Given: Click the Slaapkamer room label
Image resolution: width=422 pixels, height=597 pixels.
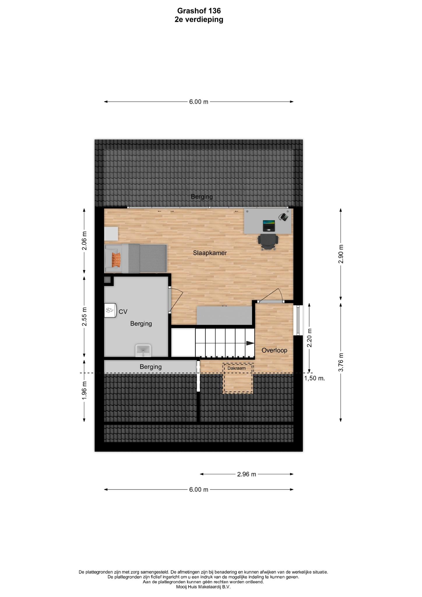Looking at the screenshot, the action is tap(210, 253).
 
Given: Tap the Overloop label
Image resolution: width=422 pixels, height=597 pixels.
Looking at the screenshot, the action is tap(274, 350).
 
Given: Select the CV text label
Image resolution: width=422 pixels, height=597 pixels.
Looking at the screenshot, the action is tap(123, 312).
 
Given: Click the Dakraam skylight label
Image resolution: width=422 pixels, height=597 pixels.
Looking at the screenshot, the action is tap(236, 368).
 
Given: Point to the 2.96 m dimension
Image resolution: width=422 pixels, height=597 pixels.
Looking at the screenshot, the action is tap(247, 474).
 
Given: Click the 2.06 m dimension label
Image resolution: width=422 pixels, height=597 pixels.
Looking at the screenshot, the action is tap(85, 240).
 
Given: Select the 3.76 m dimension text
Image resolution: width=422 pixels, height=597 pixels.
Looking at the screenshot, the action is tap(341, 362).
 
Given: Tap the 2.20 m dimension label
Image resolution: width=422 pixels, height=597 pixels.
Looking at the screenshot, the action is tap(310, 338).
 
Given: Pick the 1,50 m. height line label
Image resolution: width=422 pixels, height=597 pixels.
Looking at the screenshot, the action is tap(314, 378).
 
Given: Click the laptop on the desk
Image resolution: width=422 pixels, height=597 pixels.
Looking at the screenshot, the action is tap(269, 225).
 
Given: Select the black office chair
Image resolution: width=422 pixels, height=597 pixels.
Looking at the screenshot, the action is tap(268, 242).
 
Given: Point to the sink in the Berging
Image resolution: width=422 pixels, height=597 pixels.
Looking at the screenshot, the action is tap(143, 350).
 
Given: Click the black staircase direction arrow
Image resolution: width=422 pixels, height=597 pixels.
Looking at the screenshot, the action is tap(250, 343).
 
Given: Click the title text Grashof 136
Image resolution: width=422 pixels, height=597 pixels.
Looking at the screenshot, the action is tap(199, 11).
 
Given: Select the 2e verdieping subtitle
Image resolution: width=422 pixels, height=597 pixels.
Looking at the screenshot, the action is tap(199, 20).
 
